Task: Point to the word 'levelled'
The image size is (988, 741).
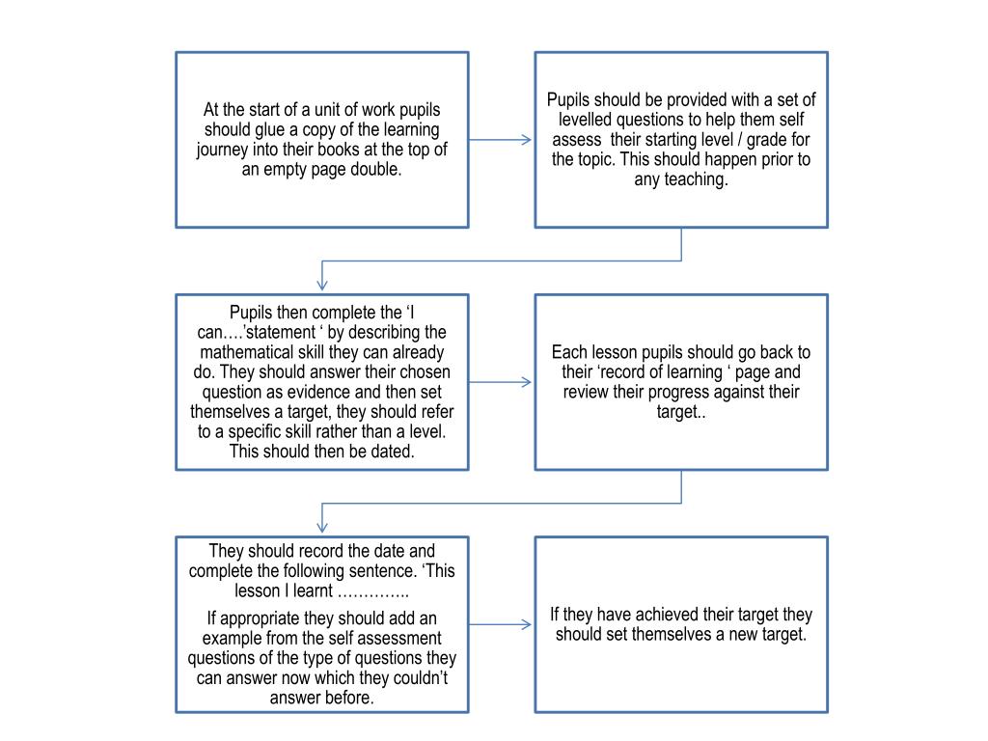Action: pyautogui.click(x=585, y=120)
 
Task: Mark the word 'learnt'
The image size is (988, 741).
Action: pyautogui.click(x=313, y=591)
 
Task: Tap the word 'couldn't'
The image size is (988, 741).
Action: pyautogui.click(x=421, y=678)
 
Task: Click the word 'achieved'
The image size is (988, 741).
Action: pyautogui.click(x=672, y=615)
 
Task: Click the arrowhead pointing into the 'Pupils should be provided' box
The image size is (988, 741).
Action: pyautogui.click(x=527, y=140)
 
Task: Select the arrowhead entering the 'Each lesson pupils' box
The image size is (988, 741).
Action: pyautogui.click(x=527, y=382)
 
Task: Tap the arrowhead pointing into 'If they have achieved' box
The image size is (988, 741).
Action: pyautogui.click(x=527, y=624)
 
